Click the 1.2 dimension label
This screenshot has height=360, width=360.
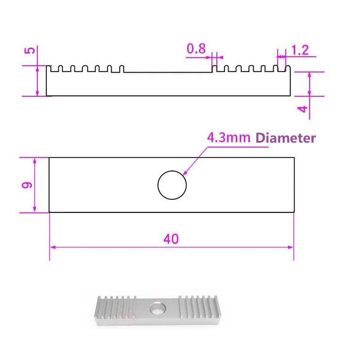(300, 50)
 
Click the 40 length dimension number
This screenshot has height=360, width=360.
(170, 239)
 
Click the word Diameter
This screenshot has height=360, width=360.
(286, 138)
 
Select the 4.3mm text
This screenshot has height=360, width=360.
(229, 138)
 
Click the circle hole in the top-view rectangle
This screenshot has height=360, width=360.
(172, 185)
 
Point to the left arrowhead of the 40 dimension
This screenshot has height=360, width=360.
(52, 247)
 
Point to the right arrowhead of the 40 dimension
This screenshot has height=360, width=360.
(291, 247)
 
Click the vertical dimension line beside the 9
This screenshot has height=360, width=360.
(35, 185)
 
